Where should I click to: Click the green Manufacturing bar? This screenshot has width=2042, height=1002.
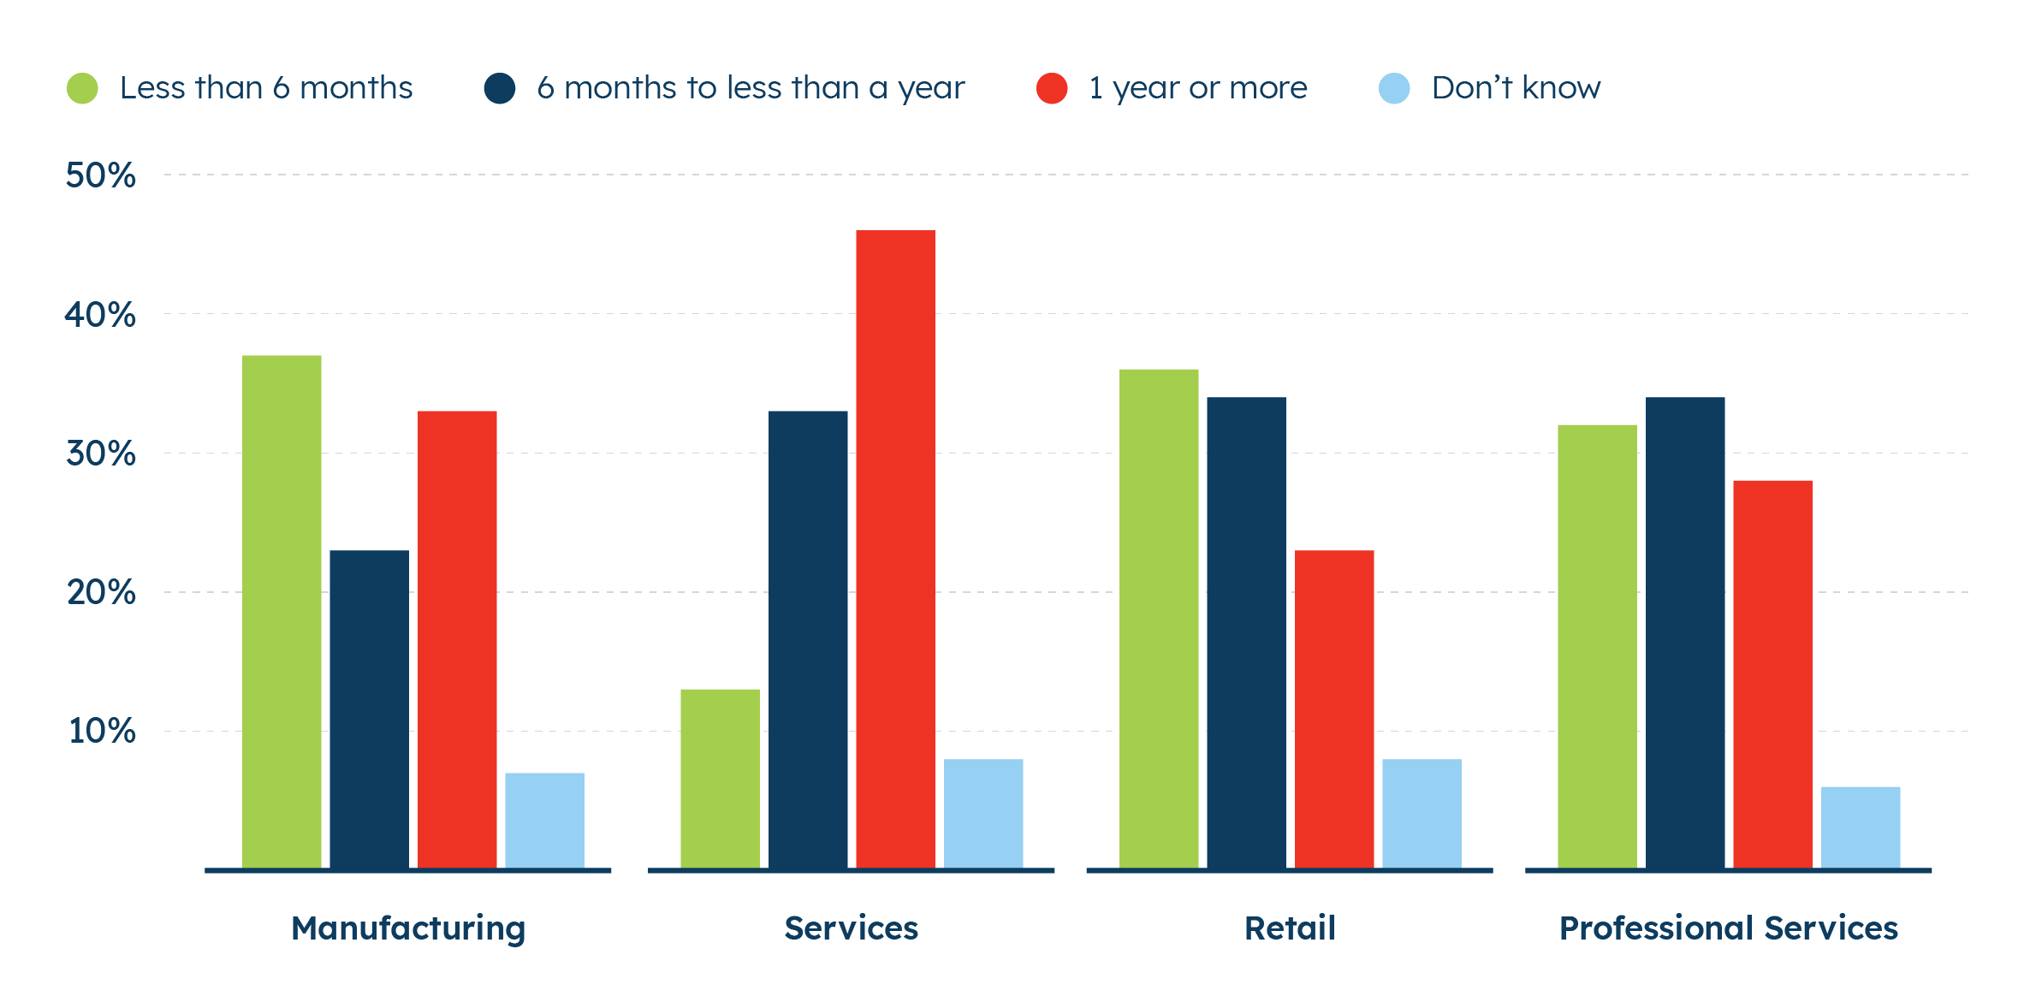click(282, 611)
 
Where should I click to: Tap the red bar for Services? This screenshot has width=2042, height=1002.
click(895, 548)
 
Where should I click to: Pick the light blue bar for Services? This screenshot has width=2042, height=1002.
click(983, 813)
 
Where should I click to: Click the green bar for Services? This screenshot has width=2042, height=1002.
click(720, 778)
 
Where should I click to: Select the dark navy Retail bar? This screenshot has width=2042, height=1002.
click(1246, 632)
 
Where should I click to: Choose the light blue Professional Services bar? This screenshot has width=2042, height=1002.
click(1861, 827)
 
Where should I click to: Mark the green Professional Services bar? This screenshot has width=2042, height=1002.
click(1597, 646)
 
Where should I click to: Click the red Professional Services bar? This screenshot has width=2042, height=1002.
click(1772, 673)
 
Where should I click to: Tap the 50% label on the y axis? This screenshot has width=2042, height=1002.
click(100, 175)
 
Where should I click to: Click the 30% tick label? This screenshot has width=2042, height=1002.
click(101, 454)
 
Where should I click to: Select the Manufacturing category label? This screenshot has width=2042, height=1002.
click(408, 928)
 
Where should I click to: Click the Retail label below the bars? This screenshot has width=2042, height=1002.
click(1290, 928)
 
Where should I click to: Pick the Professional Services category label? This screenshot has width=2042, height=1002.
click(1729, 928)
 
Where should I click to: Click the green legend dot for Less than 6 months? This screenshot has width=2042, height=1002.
click(83, 88)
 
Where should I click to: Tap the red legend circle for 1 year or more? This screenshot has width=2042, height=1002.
click(1052, 88)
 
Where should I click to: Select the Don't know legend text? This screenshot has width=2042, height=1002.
click(1516, 88)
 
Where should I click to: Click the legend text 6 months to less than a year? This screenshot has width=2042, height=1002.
click(751, 88)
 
